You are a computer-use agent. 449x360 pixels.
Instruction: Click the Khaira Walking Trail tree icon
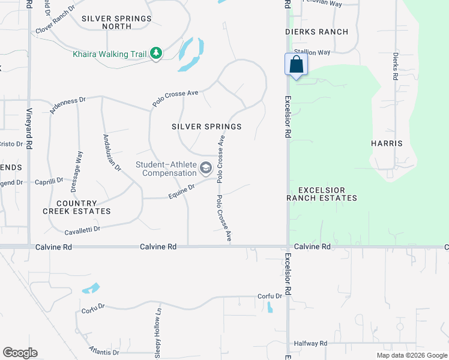click(x=156, y=54)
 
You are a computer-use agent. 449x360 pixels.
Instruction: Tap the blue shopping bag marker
click(x=296, y=65)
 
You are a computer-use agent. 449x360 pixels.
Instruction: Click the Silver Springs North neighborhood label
click(x=116, y=22)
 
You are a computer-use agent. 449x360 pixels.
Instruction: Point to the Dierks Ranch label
click(x=316, y=32)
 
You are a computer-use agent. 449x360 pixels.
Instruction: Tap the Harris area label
click(x=387, y=143)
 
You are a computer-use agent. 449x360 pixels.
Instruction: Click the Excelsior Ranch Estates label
click(x=322, y=194)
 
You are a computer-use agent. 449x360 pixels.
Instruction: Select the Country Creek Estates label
click(x=76, y=207)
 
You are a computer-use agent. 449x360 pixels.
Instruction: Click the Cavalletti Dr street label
click(x=82, y=229)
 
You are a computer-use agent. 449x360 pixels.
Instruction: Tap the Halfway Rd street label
click(x=310, y=343)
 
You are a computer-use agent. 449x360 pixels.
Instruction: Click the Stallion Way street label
click(x=312, y=53)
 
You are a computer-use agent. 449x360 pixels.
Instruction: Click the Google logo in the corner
click(x=20, y=353)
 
